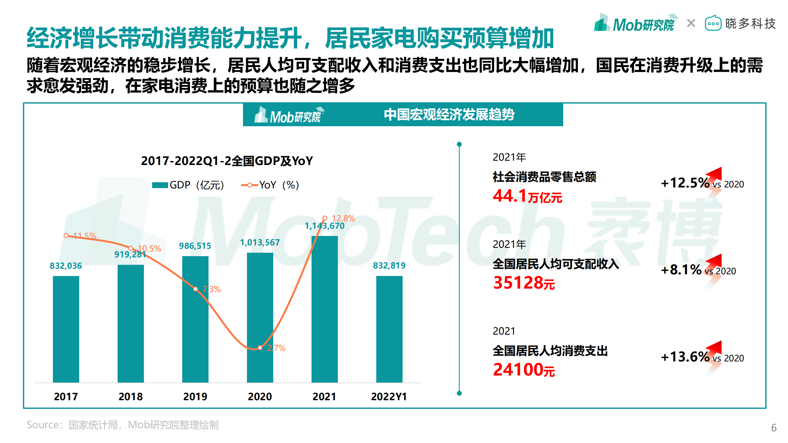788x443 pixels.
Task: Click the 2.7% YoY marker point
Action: (260, 348)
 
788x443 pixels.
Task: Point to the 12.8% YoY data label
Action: (343, 219)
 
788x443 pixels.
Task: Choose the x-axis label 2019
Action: (195, 397)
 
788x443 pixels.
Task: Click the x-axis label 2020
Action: (260, 397)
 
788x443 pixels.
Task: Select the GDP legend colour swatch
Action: (160, 185)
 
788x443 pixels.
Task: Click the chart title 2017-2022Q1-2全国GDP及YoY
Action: (227, 161)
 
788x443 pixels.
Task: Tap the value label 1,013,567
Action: (260, 243)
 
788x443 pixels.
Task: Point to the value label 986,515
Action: (195, 246)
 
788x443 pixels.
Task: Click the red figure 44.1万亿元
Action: (527, 196)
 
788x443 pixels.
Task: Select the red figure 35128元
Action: (524, 283)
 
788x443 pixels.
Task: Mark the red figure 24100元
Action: (524, 370)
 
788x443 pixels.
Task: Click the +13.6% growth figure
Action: (685, 357)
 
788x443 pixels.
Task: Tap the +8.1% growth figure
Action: (681, 270)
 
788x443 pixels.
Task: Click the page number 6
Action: (774, 428)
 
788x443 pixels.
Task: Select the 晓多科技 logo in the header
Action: (740, 24)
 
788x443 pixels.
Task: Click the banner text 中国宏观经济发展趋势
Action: (449, 115)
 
